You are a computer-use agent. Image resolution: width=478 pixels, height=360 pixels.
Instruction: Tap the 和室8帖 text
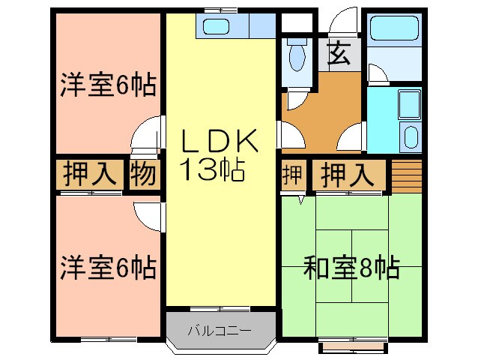click(351, 267)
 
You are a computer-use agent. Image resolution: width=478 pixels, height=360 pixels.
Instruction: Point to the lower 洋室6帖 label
click(108, 266)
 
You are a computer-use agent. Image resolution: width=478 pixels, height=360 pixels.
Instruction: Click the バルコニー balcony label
click(220, 330)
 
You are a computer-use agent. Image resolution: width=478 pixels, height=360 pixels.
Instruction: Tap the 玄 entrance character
click(339, 54)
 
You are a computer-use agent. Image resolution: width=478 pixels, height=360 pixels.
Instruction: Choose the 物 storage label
click(144, 175)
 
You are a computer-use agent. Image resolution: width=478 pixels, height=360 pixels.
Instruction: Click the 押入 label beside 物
click(90, 175)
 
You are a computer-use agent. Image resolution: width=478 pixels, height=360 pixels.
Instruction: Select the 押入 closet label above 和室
click(348, 175)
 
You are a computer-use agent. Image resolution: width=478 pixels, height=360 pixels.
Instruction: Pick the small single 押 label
click(293, 175)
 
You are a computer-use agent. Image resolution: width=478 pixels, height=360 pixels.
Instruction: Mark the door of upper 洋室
click(147, 136)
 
